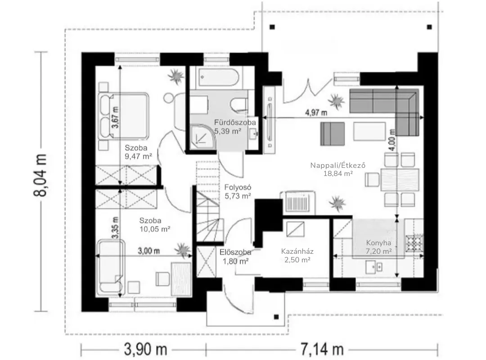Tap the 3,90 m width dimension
[145, 350]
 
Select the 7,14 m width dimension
[322, 350]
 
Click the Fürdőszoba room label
[235, 122]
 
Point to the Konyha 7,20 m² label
[378, 247]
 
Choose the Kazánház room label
[297, 251]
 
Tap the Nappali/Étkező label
[338, 165]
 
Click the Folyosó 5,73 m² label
[238, 192]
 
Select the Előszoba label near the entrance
[235, 252]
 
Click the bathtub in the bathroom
[219, 78]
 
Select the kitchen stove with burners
[414, 242]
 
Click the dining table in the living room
[400, 180]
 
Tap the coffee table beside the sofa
[370, 131]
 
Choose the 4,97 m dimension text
[316, 112]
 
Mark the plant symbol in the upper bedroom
[176, 76]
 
